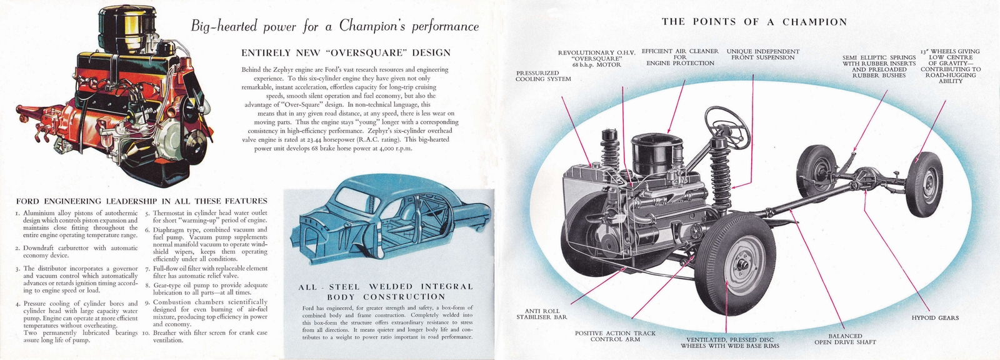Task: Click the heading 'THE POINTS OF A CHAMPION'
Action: click(754, 22)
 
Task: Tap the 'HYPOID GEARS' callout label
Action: click(934, 318)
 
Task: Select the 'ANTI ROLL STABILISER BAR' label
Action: click(541, 314)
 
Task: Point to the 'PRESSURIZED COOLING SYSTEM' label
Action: click(543, 76)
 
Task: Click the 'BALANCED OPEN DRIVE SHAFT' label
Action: click(845, 339)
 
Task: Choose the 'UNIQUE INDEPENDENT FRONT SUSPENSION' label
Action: click(762, 54)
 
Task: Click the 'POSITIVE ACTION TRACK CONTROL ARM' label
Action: click(615, 336)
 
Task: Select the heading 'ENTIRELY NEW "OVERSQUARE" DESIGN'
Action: click(346, 53)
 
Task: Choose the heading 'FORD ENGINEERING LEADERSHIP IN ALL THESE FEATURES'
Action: click(141, 201)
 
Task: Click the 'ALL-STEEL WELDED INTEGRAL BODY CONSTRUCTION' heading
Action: click(385, 291)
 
